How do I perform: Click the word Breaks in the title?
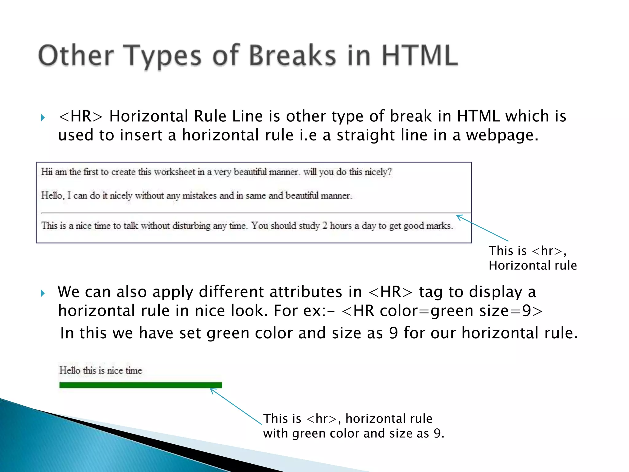tap(292, 56)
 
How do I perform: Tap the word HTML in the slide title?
tap(420, 56)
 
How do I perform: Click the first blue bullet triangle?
tap(43, 118)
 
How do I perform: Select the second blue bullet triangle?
tap(43, 293)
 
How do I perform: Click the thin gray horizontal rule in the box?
tap(246, 213)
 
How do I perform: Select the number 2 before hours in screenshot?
tap(325, 226)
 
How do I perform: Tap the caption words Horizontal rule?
tap(533, 265)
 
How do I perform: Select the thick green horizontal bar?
tap(140, 385)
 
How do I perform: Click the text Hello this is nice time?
tap(100, 370)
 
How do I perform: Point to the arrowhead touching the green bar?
tap(212, 390)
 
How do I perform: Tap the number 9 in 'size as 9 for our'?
tap(393, 333)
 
